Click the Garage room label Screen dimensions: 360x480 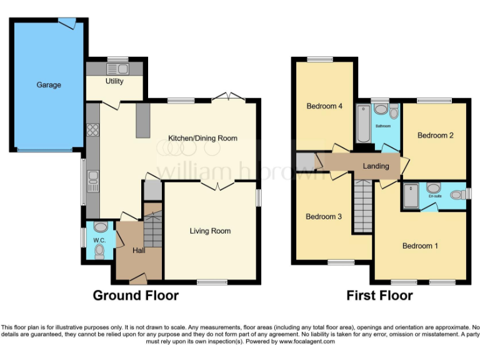pos(48,84)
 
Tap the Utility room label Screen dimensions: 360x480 pos(114,81)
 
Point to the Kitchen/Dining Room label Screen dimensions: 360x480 pos(202,138)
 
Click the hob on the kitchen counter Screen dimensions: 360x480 pos(93,131)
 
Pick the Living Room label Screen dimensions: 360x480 pos(210,231)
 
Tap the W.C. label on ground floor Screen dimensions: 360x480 pos(99,240)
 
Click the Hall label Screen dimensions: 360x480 pos(139,251)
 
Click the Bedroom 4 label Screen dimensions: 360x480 pos(324,106)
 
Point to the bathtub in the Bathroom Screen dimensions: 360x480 pos(363,124)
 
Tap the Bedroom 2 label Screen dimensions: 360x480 pos(435,135)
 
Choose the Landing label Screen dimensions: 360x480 pos(376,166)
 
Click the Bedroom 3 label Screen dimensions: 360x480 pos(323,217)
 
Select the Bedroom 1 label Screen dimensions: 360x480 pos(419,246)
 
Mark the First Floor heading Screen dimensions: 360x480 pos(379,296)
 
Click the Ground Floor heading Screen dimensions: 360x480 pos(136,296)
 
